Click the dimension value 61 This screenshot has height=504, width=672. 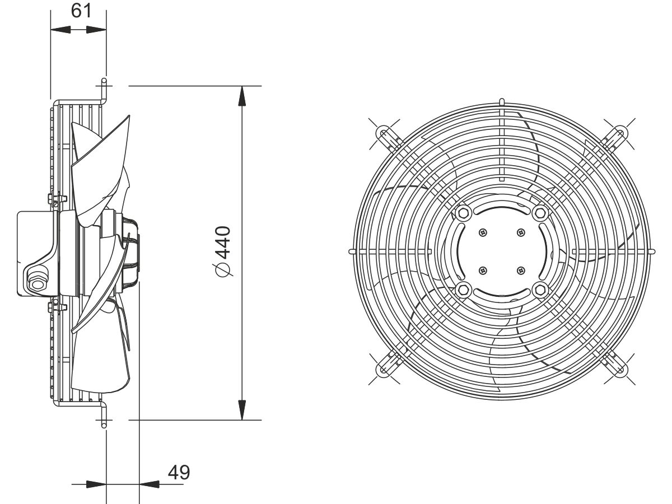81,11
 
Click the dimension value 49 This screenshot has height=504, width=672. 179,473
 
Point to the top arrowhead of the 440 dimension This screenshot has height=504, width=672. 242,96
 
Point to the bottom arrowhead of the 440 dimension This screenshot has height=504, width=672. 242,410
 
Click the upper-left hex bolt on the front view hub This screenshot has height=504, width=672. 463,213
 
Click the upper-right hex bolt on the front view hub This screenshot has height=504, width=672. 540,213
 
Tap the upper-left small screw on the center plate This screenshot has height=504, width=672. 483,232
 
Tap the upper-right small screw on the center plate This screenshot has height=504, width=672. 520,232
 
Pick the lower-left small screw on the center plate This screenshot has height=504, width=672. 483,270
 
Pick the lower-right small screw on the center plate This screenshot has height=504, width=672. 520,270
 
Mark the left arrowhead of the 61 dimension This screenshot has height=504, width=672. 60,30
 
